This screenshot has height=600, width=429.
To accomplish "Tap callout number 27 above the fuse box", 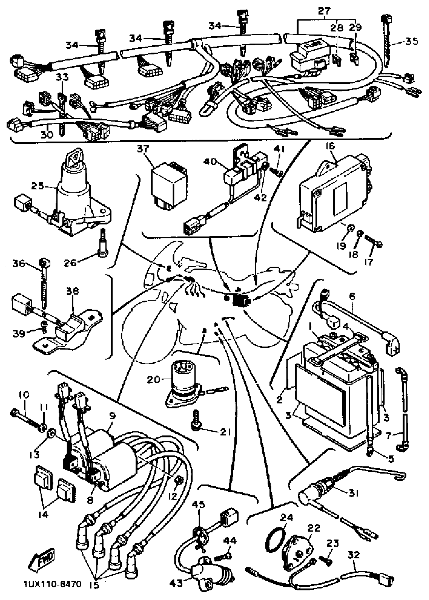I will tap(324, 11).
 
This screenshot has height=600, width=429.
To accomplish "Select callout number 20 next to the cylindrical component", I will tap(153, 380).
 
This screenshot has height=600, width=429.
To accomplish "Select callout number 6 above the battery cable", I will tap(352, 297).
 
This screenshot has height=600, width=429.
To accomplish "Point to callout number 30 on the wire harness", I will tap(47, 135).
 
